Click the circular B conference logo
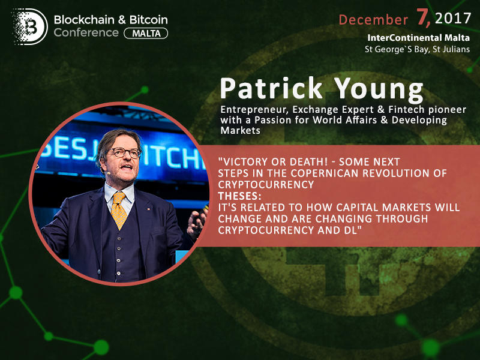tap(29, 26)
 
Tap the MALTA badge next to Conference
tap(146, 33)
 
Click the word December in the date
tap(373, 20)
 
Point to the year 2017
tap(453, 19)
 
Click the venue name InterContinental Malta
tap(418, 38)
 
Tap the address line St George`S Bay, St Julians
tap(417, 49)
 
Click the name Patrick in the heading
tap(271, 88)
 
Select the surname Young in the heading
tap(379, 89)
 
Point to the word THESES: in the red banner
tap(239, 196)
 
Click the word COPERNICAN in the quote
tap(325, 173)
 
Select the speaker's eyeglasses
tap(124, 152)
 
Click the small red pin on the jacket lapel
tap(148, 209)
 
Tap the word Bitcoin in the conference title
tap(148, 20)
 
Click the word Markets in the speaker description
tap(241, 130)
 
